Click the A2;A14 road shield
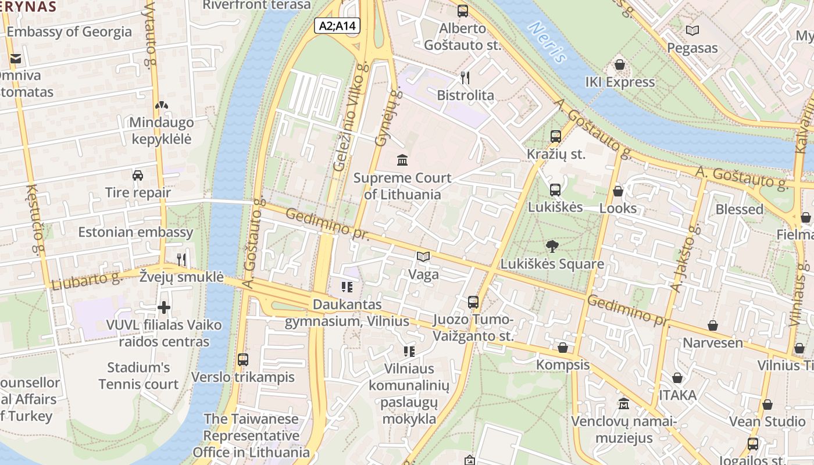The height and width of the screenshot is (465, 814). pyautogui.click(x=337, y=26)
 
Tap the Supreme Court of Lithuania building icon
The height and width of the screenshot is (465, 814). pyautogui.click(x=402, y=159)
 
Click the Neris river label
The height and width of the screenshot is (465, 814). pyautogui.click(x=547, y=42)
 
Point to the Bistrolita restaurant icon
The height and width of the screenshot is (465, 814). pyautogui.click(x=465, y=77)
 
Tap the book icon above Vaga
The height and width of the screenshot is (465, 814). pyautogui.click(x=423, y=256)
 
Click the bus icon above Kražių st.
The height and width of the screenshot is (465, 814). pyautogui.click(x=556, y=137)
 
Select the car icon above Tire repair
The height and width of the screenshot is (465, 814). pyautogui.click(x=138, y=175)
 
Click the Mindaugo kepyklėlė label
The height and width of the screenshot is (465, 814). pyautogui.click(x=161, y=131)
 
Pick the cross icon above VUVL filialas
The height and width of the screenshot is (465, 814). pyautogui.click(x=164, y=307)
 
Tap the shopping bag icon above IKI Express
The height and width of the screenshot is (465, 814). pyautogui.click(x=620, y=65)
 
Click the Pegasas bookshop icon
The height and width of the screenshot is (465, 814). pyautogui.click(x=692, y=30)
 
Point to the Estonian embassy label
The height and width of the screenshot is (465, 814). pyautogui.click(x=135, y=232)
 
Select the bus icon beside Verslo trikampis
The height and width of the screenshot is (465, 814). pyautogui.click(x=243, y=360)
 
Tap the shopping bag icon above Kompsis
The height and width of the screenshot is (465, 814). pyautogui.click(x=562, y=348)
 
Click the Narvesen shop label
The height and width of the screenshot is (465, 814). pyautogui.click(x=712, y=342)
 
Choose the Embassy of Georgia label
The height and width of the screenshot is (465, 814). pyautogui.click(x=69, y=31)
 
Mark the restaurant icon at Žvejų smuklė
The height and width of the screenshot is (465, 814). pyautogui.click(x=181, y=259)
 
